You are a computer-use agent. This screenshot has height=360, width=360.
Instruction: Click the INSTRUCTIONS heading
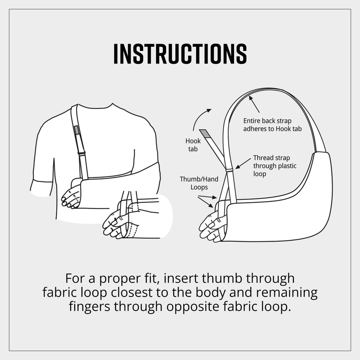pos(180,54)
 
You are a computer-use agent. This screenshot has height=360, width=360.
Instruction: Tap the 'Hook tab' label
pos(193,145)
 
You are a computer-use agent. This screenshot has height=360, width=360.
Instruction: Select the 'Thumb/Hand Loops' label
pos(199,183)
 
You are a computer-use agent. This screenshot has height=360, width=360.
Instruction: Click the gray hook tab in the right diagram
pos(205,134)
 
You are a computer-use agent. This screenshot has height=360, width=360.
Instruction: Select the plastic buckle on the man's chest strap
pos(81,153)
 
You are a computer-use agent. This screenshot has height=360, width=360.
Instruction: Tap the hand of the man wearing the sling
pos(71,197)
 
